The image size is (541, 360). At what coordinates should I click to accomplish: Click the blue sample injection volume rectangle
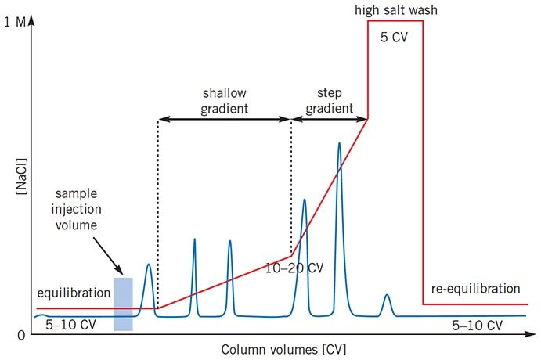[123, 304]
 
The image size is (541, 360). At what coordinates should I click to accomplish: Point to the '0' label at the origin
[18, 336]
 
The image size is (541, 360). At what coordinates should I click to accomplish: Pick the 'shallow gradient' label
[225, 99]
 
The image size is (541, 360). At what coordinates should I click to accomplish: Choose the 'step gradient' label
[329, 99]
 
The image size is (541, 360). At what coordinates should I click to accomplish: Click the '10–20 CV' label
[294, 268]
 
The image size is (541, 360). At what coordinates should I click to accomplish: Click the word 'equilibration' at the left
[74, 293]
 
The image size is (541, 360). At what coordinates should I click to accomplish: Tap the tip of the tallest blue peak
[339, 143]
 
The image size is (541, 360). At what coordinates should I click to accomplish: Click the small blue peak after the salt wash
[387, 297]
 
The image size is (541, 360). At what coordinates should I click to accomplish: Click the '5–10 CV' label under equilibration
[70, 323]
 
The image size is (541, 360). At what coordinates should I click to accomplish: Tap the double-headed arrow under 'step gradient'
[330, 120]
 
